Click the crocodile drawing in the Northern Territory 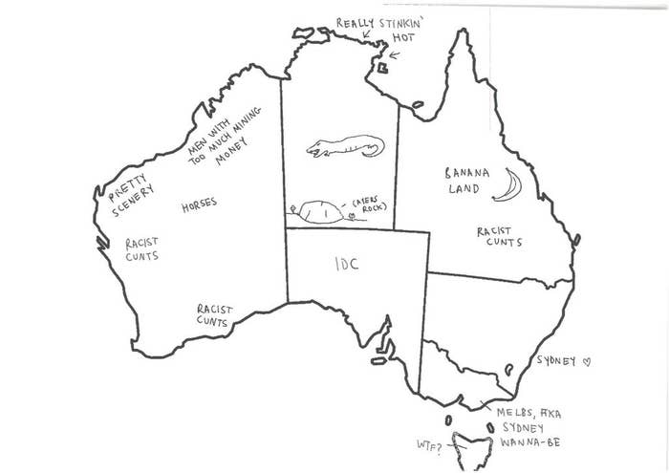(344, 147)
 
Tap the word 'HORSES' (198, 204)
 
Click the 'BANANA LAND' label (467, 181)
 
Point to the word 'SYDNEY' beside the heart (556, 361)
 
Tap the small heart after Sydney (588, 361)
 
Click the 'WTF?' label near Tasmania (428, 445)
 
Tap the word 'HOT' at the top (404, 37)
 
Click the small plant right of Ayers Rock (351, 217)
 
